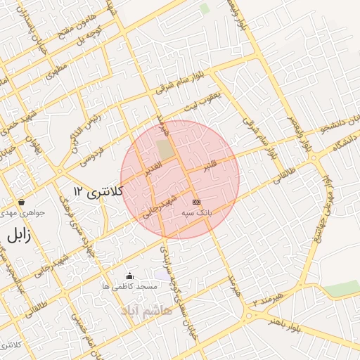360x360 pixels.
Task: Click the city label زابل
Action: [18, 236]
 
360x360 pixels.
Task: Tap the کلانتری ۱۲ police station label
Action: [98, 191]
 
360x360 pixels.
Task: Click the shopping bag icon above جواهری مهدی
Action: [22, 202]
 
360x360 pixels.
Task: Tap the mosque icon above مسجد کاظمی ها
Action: [129, 276]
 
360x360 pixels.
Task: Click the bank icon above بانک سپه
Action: [196, 202]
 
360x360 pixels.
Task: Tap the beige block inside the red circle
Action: [165, 149]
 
